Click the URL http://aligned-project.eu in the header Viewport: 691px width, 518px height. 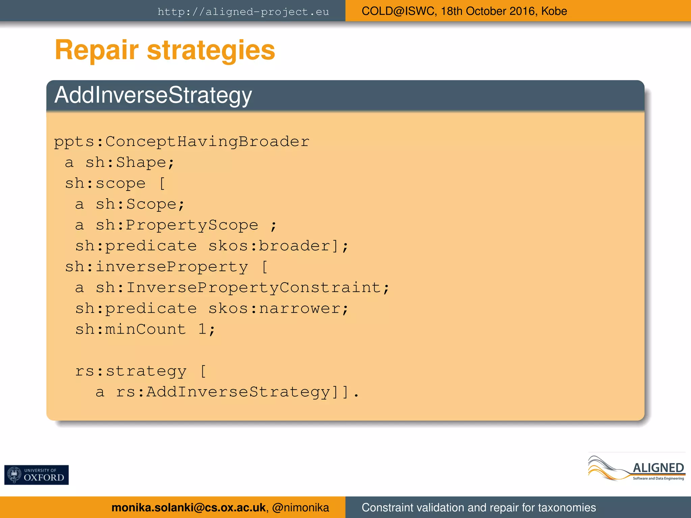point(243,12)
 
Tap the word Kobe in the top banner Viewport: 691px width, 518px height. point(554,11)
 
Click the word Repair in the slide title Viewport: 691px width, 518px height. point(97,50)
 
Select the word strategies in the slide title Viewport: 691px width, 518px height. point(211,50)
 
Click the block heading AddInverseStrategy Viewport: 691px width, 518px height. point(153,95)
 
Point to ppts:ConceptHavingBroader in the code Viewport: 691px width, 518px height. point(182,142)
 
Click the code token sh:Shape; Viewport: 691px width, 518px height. point(130,163)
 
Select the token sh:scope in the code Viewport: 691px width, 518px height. point(105,183)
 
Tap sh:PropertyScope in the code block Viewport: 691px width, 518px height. point(177,225)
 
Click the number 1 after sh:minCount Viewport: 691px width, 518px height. point(202,329)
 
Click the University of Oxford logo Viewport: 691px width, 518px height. point(36,475)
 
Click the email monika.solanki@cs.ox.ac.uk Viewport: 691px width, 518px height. point(188,508)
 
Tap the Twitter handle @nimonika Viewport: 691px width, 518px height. point(300,508)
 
